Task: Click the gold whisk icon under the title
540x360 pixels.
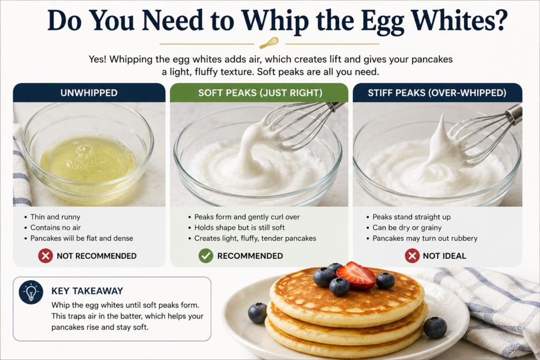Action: point(269,43)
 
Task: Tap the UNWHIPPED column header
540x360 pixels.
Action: point(89,93)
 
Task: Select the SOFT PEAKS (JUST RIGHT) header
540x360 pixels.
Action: point(260,93)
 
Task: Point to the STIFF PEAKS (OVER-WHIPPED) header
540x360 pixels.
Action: point(437,93)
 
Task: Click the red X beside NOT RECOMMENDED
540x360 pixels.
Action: point(45,256)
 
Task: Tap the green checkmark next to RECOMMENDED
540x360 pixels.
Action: point(206,256)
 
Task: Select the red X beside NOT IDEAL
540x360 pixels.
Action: point(412,256)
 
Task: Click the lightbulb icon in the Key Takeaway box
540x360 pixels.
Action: point(31,292)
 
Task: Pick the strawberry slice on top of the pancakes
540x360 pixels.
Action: point(356,275)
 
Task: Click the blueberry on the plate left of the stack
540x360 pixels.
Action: point(257,313)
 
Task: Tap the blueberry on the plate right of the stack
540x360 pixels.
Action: point(435,328)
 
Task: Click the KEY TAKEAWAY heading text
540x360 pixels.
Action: point(87,291)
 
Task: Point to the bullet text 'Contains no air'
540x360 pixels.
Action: point(55,228)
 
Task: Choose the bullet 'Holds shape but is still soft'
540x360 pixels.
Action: point(239,228)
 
